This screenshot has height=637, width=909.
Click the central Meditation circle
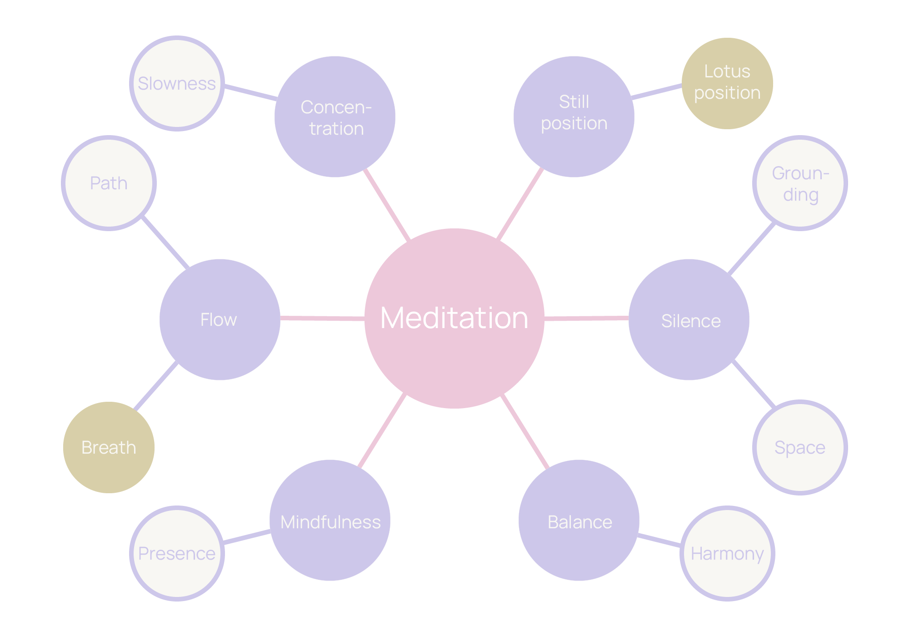[x=454, y=318]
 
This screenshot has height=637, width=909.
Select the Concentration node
[x=335, y=117]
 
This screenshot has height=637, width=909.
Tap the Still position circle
[x=574, y=117]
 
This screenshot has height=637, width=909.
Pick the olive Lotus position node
[x=727, y=83]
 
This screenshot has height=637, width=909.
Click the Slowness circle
[x=177, y=84]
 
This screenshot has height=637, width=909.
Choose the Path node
[x=109, y=183]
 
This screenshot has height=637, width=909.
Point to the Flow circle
[x=220, y=319]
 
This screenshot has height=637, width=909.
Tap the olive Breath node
[x=109, y=447]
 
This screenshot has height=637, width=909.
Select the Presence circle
[x=177, y=553]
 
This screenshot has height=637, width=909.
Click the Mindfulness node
[x=330, y=520]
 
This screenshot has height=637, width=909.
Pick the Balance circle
[x=579, y=520]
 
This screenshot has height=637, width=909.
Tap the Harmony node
[x=727, y=553]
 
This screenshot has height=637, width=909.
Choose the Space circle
[x=800, y=447]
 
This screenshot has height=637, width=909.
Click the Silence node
[x=689, y=319]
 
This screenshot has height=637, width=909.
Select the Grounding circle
[x=800, y=183]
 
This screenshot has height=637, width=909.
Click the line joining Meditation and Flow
[x=323, y=318]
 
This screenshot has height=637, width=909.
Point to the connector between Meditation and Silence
[x=586, y=318]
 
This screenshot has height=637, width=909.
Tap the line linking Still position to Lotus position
[x=657, y=91]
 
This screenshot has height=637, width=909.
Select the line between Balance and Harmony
[x=659, y=541]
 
